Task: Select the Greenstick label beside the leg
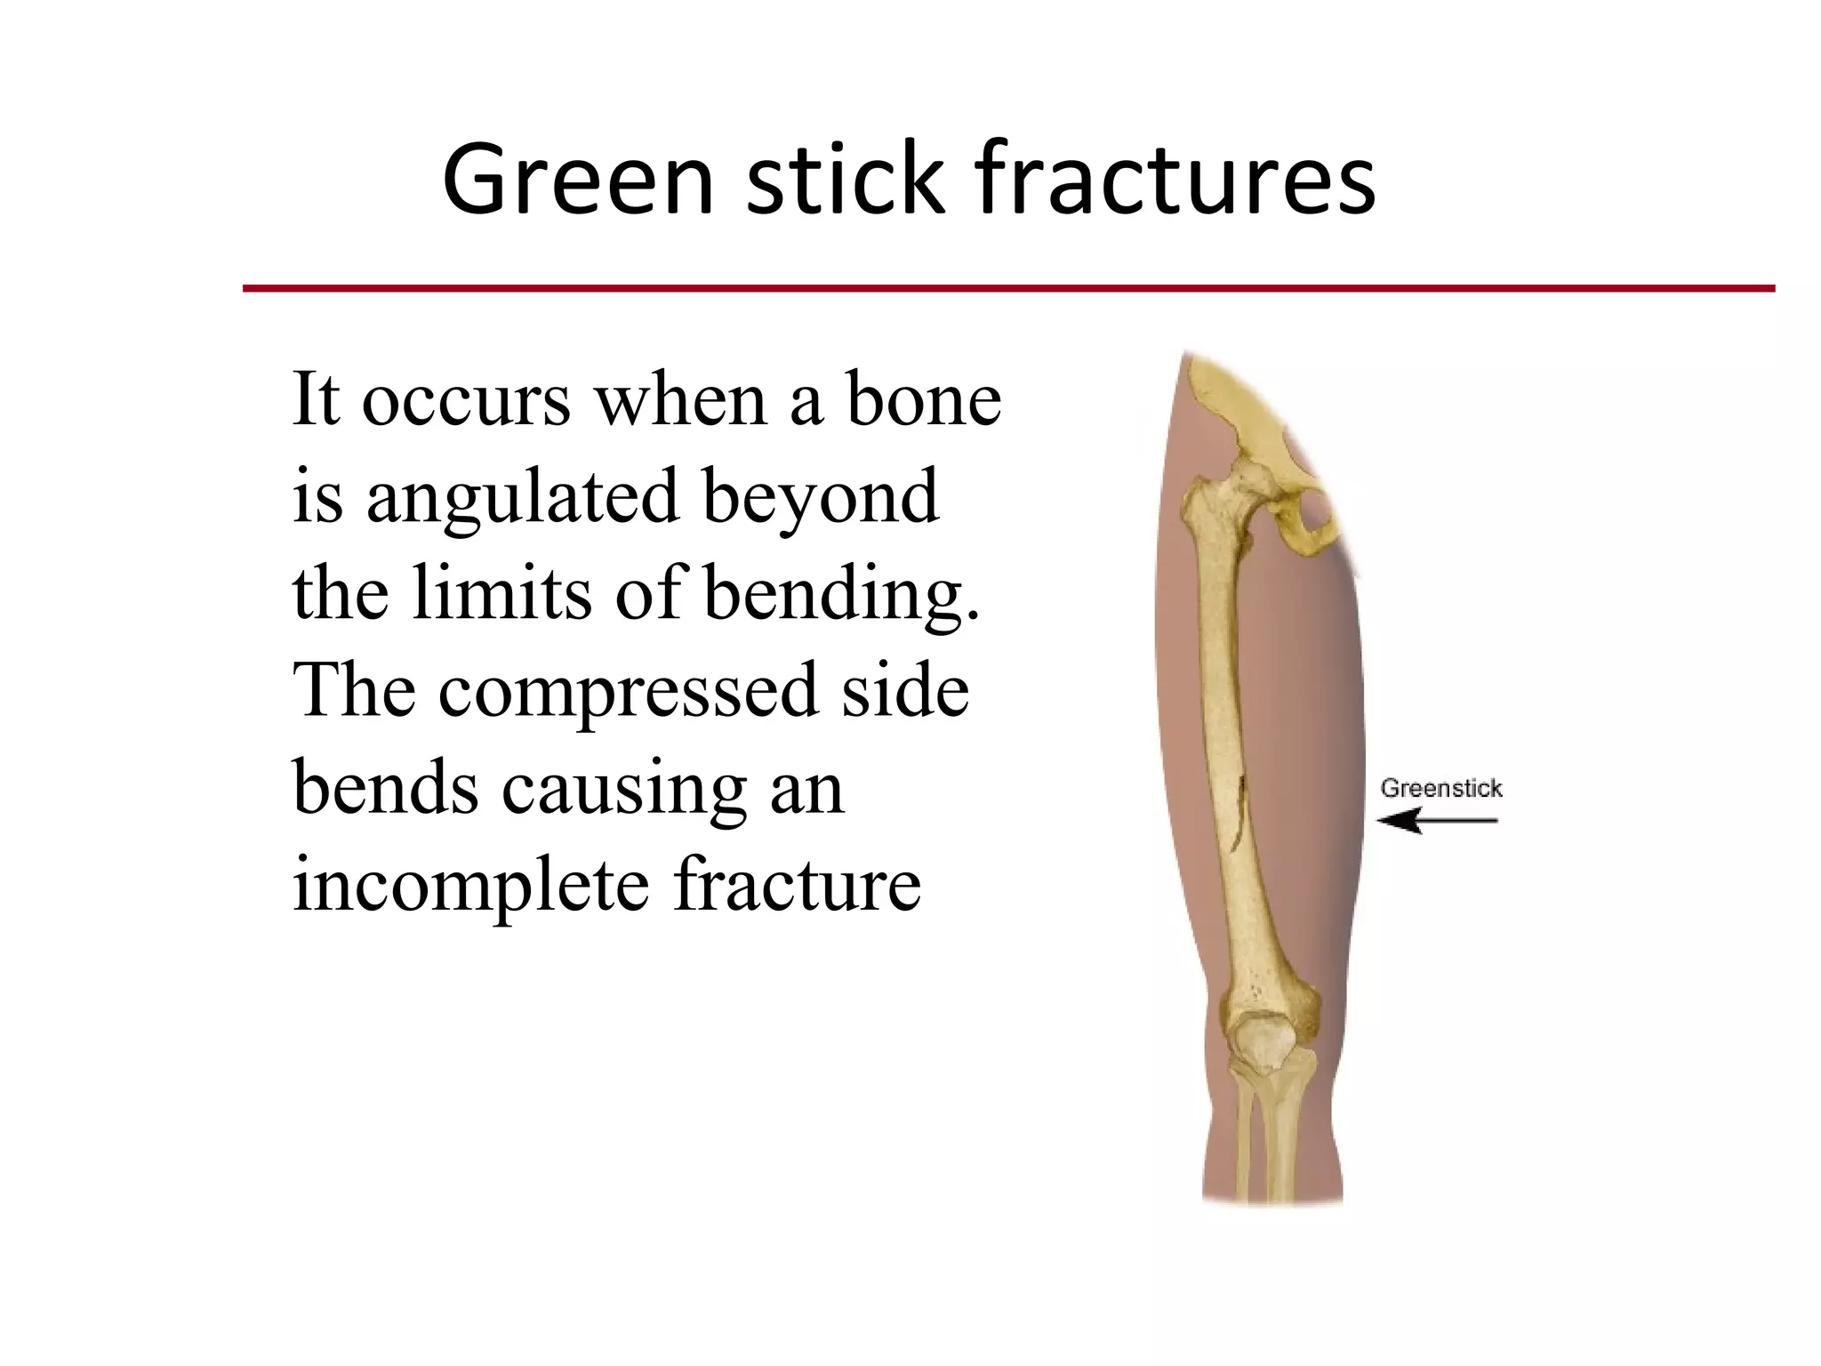1440,788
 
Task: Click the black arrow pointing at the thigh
1436,820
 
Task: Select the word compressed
627,692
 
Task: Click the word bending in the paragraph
841,594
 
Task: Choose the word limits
501,594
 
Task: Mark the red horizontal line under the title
1008,288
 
